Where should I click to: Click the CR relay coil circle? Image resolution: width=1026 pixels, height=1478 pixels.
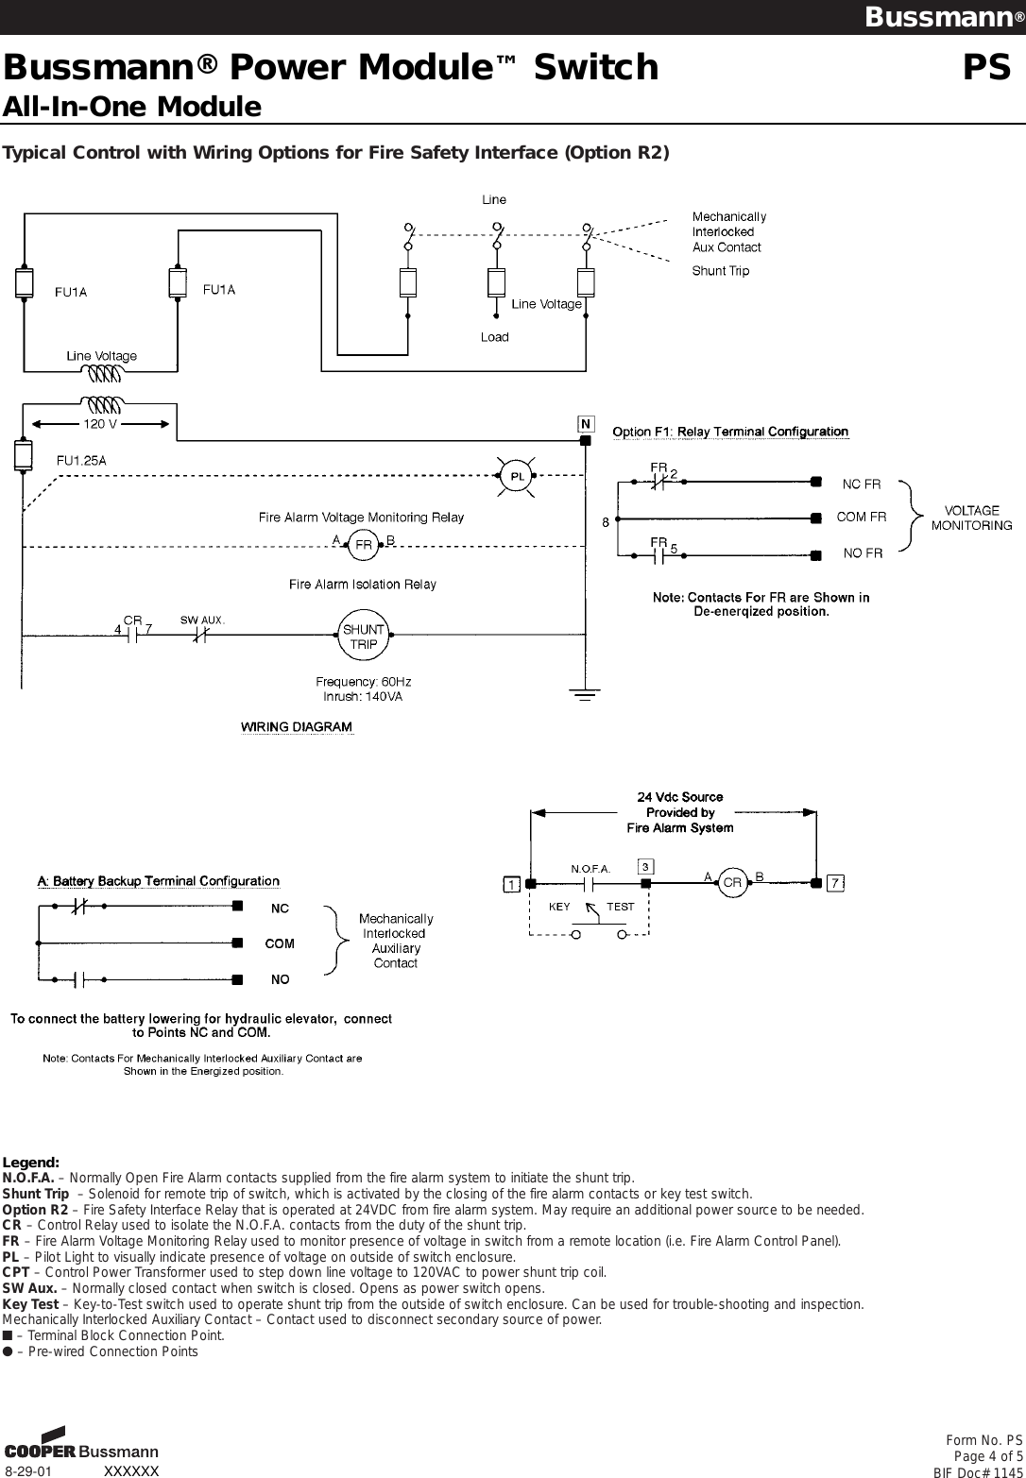731,882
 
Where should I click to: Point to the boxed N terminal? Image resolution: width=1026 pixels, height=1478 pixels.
586,424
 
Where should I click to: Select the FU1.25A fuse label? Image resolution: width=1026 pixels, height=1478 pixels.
82,461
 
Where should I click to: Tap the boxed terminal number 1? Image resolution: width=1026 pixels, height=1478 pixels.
510,885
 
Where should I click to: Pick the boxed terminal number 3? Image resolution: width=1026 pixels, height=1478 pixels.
645,866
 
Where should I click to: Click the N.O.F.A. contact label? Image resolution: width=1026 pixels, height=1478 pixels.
590,867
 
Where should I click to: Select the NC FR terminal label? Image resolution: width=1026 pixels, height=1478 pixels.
861,484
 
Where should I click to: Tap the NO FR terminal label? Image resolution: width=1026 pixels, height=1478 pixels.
863,553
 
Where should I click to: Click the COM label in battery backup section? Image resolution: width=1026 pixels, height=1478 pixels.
280,943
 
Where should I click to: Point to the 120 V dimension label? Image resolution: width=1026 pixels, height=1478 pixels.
101,424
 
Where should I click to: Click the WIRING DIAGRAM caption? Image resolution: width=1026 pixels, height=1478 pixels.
297,727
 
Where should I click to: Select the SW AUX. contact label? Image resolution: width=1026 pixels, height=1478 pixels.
202,620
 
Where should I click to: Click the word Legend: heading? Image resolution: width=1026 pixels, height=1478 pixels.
31,1162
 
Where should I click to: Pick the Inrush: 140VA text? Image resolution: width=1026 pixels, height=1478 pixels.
363,697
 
